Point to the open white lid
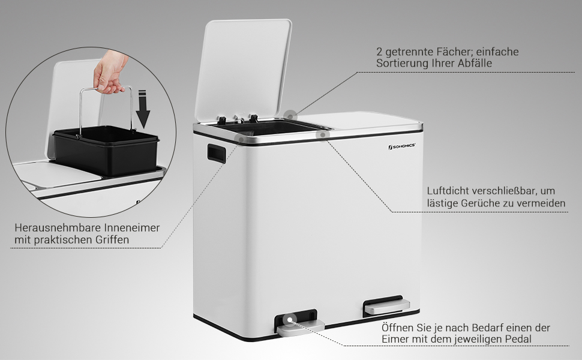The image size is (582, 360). point(246,66)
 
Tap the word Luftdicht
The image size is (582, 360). point(448,191)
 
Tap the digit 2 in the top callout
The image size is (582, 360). point(379,52)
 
